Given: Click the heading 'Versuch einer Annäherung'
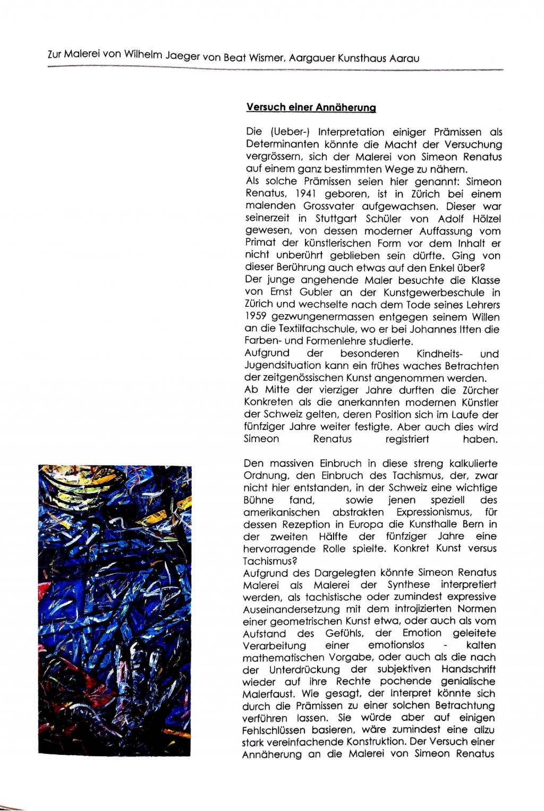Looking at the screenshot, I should tap(311, 107).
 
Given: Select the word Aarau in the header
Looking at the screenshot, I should tap(404, 58).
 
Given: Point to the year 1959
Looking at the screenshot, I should tap(255, 317).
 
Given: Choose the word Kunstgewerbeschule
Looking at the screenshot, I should tap(434, 292).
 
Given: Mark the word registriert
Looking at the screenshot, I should tap(407, 439).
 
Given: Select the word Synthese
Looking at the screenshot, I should tap(409, 585).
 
